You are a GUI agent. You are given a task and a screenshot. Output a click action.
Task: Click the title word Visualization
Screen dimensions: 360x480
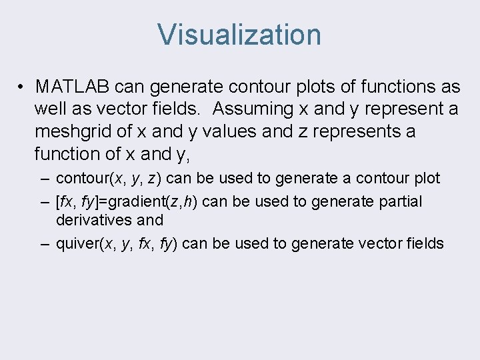point(239,35)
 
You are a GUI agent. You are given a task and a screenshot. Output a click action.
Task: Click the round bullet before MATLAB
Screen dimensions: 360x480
point(22,87)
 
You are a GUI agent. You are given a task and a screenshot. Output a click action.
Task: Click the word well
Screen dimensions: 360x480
point(52,109)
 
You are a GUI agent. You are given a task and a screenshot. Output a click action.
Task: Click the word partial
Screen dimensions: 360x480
point(398,201)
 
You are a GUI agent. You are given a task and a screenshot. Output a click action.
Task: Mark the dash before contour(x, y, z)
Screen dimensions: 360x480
point(43,179)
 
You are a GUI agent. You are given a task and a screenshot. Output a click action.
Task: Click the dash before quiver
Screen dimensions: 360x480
point(43,243)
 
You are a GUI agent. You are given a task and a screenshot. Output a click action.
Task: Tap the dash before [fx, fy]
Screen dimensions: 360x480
point(43,201)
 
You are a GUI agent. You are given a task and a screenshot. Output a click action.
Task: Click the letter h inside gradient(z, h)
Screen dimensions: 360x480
point(189,201)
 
